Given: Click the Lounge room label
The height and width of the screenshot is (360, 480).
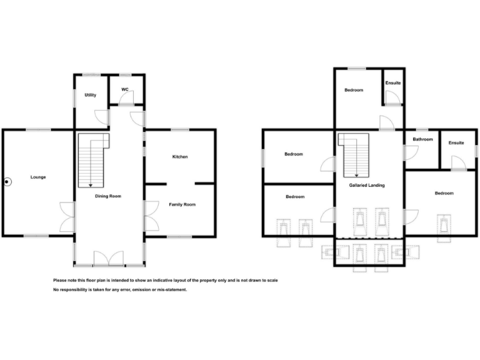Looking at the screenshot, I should [x=38, y=177].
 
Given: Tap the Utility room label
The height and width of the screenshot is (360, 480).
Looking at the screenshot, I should [x=91, y=95].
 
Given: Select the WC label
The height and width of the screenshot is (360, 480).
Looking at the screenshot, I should [x=125, y=89].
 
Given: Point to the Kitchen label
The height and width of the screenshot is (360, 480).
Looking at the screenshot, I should [x=180, y=157].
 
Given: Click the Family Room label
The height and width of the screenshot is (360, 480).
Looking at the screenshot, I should [x=182, y=204].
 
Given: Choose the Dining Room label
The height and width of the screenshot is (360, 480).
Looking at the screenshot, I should [x=108, y=196].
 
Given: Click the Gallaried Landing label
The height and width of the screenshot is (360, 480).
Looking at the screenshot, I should [x=367, y=186].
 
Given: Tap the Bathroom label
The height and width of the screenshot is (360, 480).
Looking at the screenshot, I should [x=422, y=139].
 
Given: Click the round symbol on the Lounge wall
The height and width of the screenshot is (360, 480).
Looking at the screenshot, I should [x=7, y=182].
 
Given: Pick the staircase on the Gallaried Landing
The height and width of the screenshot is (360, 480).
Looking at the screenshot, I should [x=354, y=156].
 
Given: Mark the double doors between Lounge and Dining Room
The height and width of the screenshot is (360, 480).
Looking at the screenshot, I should [x=67, y=216].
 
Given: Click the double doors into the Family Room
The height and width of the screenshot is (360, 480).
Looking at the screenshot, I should [x=151, y=216].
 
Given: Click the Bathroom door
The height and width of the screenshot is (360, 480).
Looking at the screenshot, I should [x=411, y=152].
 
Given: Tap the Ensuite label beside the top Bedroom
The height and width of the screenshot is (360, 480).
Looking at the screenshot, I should [x=393, y=83].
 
